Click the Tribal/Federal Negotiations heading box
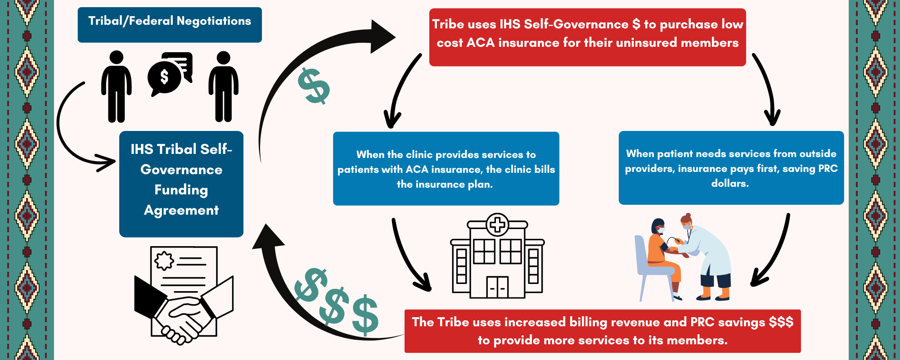pyautogui.click(x=170, y=24)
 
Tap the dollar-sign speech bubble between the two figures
pyautogui.click(x=165, y=77)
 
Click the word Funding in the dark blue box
pyautogui.click(x=181, y=190)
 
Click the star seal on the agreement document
pyautogui.click(x=164, y=260)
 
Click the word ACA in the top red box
pyautogui.click(x=481, y=43)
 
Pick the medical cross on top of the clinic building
pyautogui.click(x=497, y=224)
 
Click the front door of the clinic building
pyautogui.click(x=497, y=287)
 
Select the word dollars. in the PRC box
pyautogui.click(x=730, y=184)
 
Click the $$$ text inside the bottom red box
pyautogui.click(x=781, y=322)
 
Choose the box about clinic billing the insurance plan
pyautogui.click(x=446, y=169)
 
